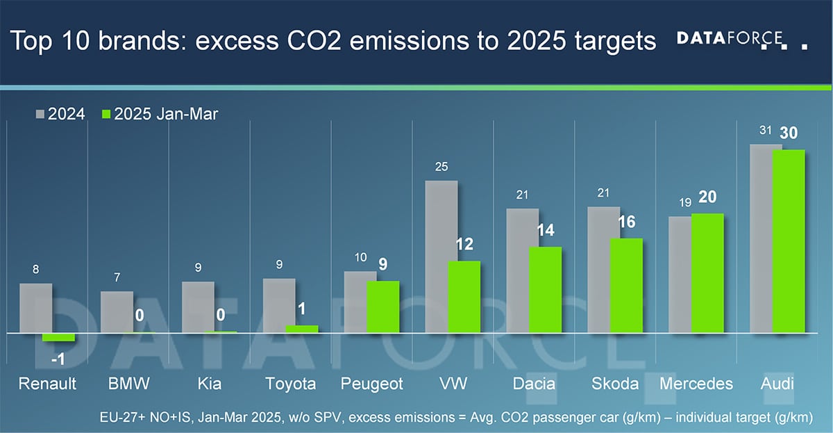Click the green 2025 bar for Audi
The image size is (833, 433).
[788, 241]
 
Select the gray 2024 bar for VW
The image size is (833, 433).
[441, 257]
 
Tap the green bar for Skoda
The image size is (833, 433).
[626, 286]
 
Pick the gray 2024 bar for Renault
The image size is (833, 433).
[35, 308]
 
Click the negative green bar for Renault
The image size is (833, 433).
[58, 337]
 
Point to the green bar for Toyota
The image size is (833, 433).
[302, 329]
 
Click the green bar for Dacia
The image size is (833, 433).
[545, 290]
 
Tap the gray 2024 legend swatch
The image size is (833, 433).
[39, 114]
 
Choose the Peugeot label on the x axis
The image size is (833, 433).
[372, 384]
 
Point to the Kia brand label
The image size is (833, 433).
[209, 384]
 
